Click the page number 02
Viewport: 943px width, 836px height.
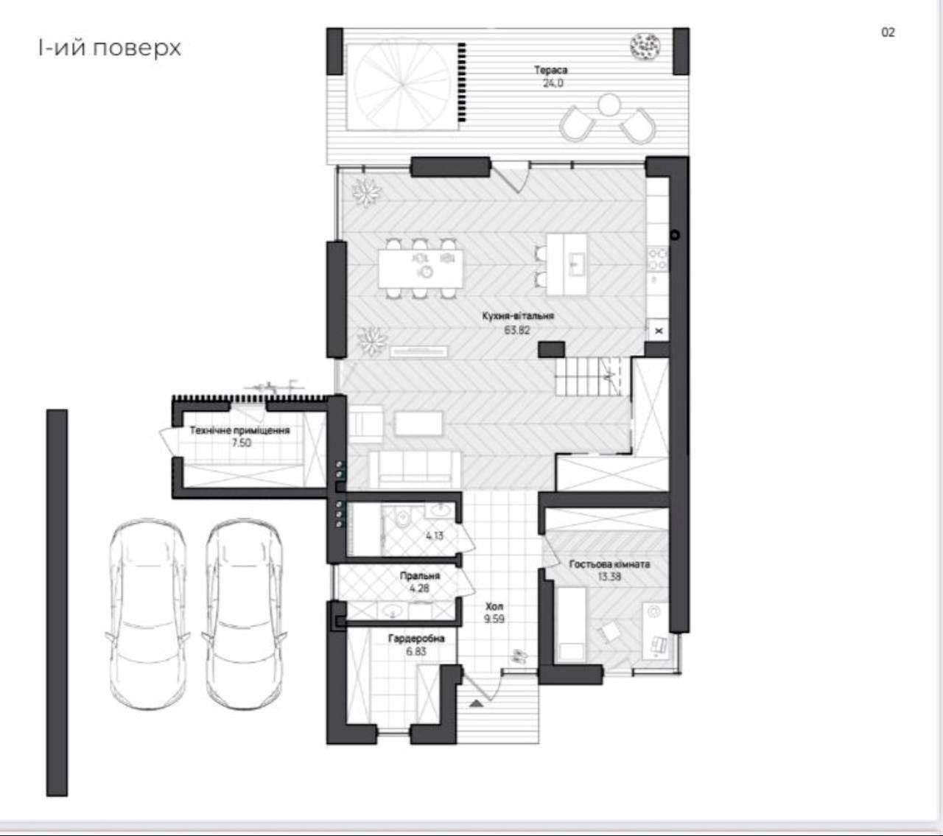click(x=888, y=32)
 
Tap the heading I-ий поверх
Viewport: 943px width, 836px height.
click(x=109, y=49)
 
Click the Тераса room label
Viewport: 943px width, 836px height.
click(x=550, y=70)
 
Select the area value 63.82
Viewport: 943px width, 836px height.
click(x=516, y=330)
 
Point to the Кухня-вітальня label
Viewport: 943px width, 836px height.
click(x=518, y=316)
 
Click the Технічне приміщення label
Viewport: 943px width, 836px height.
click(x=239, y=430)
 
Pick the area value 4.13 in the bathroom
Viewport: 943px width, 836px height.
click(x=435, y=535)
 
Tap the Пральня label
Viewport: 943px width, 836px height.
click(x=420, y=576)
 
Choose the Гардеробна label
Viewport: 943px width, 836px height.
click(x=416, y=639)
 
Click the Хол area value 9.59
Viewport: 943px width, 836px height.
click(x=494, y=619)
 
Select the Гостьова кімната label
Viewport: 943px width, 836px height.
click(x=610, y=564)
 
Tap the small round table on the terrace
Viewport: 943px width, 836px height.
click(x=609, y=105)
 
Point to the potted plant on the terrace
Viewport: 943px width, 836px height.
click(x=645, y=46)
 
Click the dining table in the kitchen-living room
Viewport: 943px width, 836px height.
click(x=421, y=269)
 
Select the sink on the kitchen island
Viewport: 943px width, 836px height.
click(x=577, y=265)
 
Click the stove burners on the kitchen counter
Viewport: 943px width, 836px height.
click(x=658, y=259)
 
